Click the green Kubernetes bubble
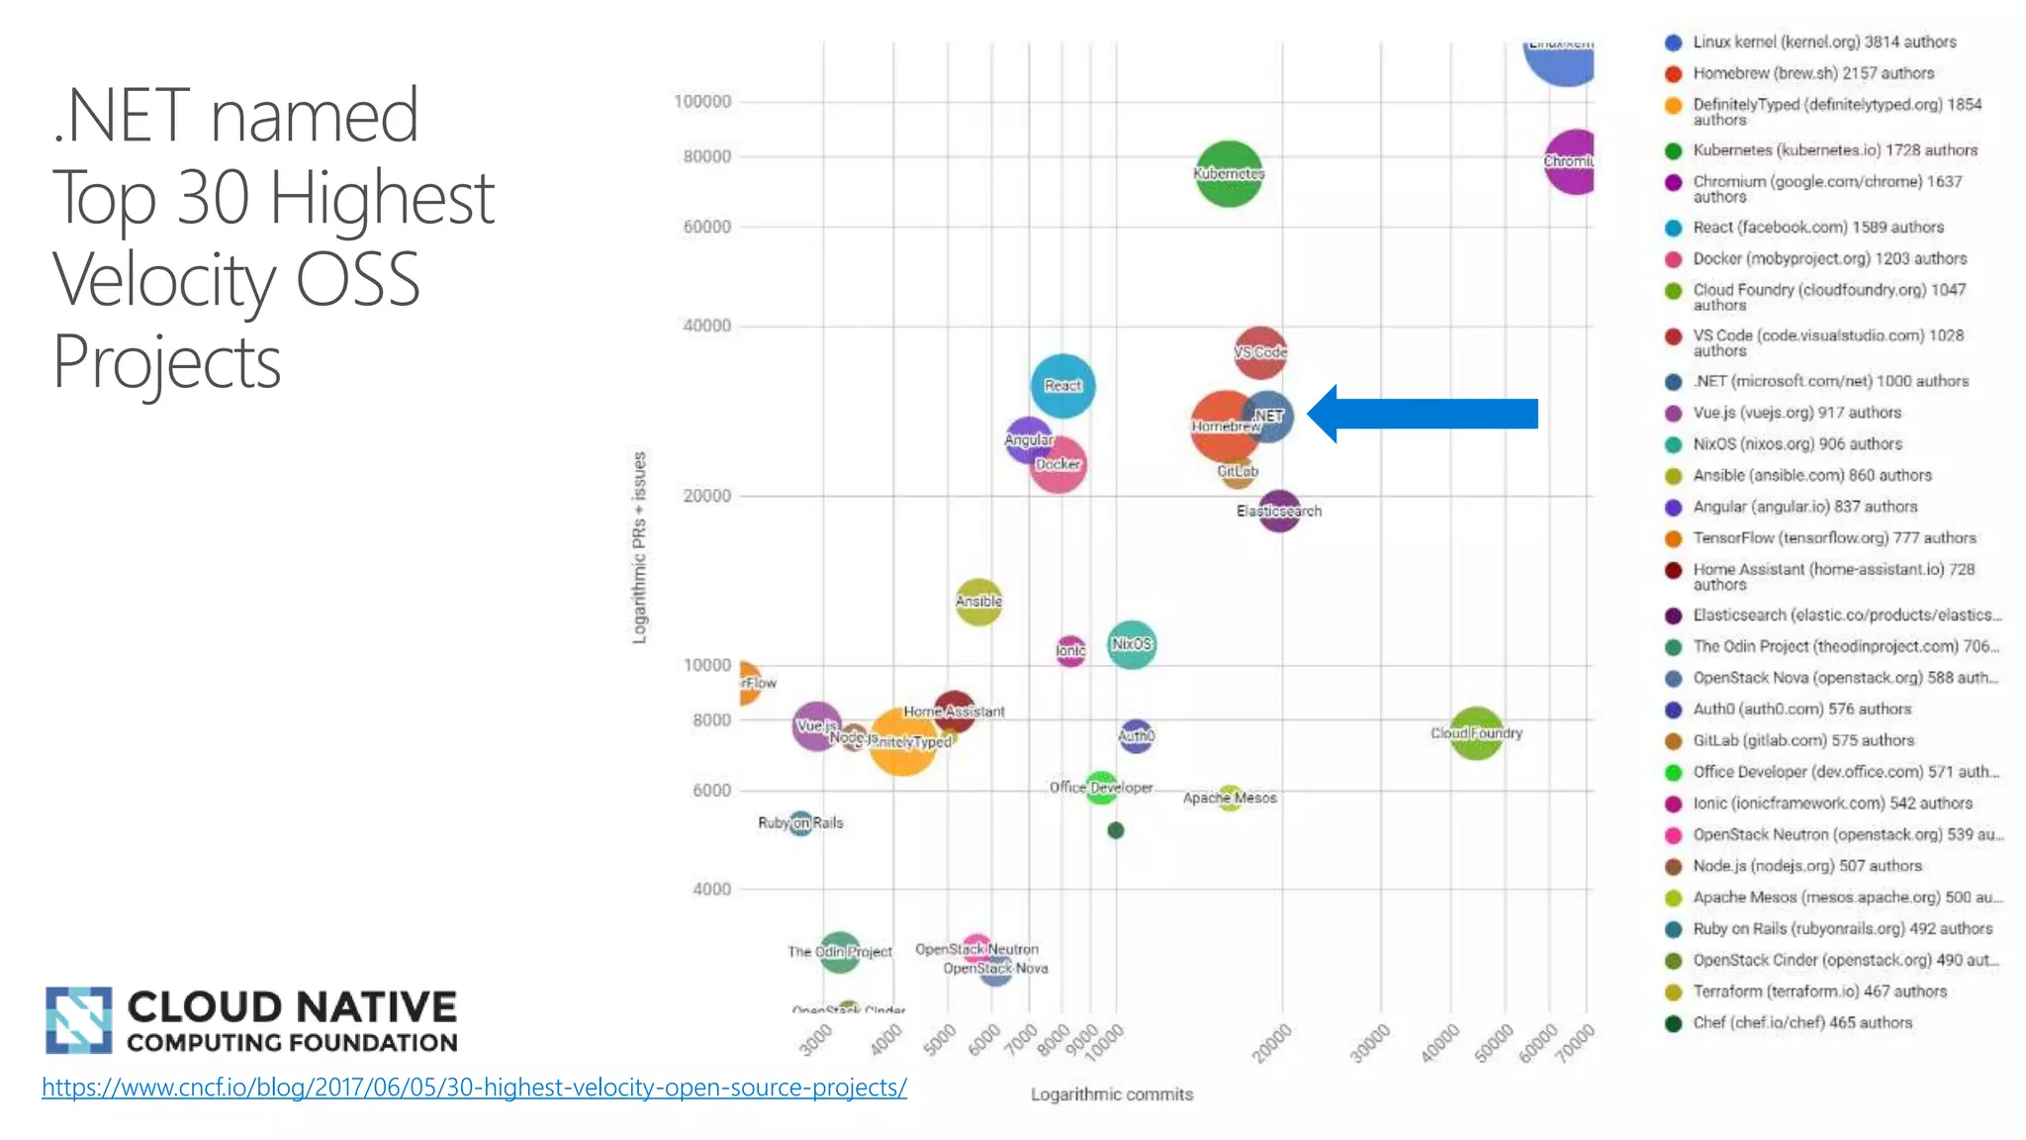pyautogui.click(x=1228, y=173)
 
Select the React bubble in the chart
pyautogui.click(x=1062, y=385)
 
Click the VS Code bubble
pyautogui.click(x=1259, y=352)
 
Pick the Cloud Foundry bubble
pyautogui.click(x=1476, y=733)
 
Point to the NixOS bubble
pyautogui.click(x=1131, y=644)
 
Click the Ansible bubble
pyautogui.click(x=978, y=602)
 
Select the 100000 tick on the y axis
pyautogui.click(x=702, y=102)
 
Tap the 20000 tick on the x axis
pyautogui.click(x=1272, y=1044)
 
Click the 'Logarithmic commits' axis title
pyautogui.click(x=1112, y=1094)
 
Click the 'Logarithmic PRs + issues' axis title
pyautogui.click(x=639, y=547)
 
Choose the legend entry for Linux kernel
pyautogui.click(x=1823, y=43)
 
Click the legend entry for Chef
pyautogui.click(x=1801, y=1022)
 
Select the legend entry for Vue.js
pyautogui.click(x=1796, y=413)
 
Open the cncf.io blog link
pyautogui.click(x=474, y=1088)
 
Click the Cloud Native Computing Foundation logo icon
pyautogui.click(x=78, y=1020)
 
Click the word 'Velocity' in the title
pyautogui.click(x=164, y=280)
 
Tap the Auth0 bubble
pyautogui.click(x=1136, y=735)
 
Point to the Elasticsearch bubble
pyautogui.click(x=1279, y=511)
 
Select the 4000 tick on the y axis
pyautogui.click(x=711, y=890)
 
